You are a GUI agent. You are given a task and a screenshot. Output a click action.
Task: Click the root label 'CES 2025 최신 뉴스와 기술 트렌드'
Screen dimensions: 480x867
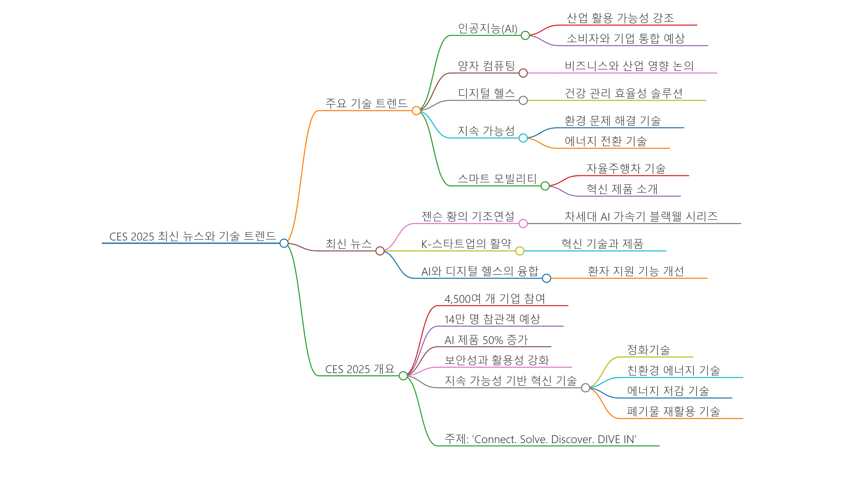(192, 236)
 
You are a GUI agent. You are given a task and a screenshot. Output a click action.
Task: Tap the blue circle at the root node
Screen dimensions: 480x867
(284, 243)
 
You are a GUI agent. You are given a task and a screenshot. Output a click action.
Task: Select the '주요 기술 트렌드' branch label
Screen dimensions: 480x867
(366, 103)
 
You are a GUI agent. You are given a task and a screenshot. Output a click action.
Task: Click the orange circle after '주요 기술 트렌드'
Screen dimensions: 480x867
(416, 110)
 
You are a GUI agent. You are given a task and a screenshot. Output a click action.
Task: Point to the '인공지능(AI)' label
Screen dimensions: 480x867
(487, 29)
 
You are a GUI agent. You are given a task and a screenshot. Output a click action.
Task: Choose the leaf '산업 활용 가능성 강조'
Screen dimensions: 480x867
(620, 18)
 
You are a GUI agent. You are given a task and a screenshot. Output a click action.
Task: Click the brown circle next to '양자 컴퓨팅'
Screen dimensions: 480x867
(523, 73)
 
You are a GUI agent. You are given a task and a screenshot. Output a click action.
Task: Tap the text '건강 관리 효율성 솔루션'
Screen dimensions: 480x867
(623, 93)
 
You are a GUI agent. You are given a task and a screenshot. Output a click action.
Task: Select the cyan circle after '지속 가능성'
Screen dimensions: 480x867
(523, 138)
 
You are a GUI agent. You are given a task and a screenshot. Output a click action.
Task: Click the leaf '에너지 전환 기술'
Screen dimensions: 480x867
(605, 141)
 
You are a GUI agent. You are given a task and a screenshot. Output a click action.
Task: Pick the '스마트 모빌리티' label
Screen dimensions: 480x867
(497, 179)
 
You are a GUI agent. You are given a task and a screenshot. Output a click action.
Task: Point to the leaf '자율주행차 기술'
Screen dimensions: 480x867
(626, 168)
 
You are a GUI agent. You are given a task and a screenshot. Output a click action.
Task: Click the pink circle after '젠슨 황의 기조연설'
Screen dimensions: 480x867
(523, 224)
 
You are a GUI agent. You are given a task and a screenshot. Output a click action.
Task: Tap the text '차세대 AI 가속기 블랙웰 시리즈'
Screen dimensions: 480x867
(641, 216)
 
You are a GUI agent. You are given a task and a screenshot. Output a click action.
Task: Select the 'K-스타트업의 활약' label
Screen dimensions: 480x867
(466, 244)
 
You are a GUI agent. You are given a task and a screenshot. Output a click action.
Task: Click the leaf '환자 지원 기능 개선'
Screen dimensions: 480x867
(635, 271)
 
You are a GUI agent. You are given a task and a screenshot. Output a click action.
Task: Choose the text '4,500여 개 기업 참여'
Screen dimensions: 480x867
(494, 299)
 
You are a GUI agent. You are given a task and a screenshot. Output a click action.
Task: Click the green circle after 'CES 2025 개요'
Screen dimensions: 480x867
(403, 375)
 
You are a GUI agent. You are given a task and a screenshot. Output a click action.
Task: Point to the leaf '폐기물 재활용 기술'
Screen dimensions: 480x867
(673, 411)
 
